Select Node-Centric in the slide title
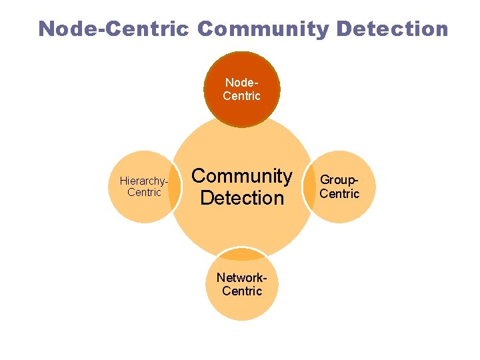point(115,29)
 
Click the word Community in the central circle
point(242,176)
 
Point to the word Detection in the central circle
point(242,197)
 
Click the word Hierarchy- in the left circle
point(143,181)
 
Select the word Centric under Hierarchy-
point(144,193)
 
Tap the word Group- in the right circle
point(340,180)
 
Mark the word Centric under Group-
point(339,194)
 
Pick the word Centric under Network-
point(242,291)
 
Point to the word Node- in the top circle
point(242,83)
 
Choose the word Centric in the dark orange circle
point(242,96)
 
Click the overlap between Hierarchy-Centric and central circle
point(175,187)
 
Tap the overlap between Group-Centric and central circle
point(309,187)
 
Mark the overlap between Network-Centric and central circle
point(242,254)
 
